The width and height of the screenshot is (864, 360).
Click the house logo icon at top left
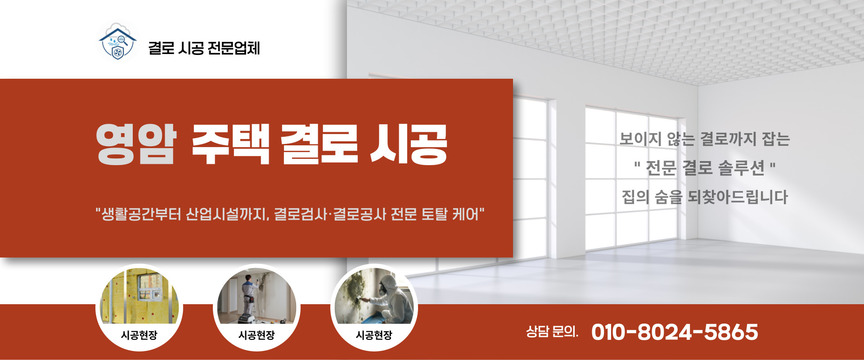[117, 43]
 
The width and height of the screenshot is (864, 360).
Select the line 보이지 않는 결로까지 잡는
[704, 139]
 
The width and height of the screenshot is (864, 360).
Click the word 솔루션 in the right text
[741, 168]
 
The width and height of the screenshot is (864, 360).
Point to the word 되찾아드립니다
[738, 197]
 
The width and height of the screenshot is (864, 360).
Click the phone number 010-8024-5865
[675, 332]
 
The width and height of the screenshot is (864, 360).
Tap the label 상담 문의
[552, 332]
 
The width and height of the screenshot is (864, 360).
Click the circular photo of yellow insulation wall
[139, 297]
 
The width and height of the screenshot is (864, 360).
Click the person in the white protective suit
[391, 297]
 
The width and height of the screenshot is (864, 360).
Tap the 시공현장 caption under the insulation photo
[139, 335]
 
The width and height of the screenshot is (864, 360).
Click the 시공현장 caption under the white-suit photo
[374, 335]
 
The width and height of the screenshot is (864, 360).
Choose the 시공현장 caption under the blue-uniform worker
[256, 335]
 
